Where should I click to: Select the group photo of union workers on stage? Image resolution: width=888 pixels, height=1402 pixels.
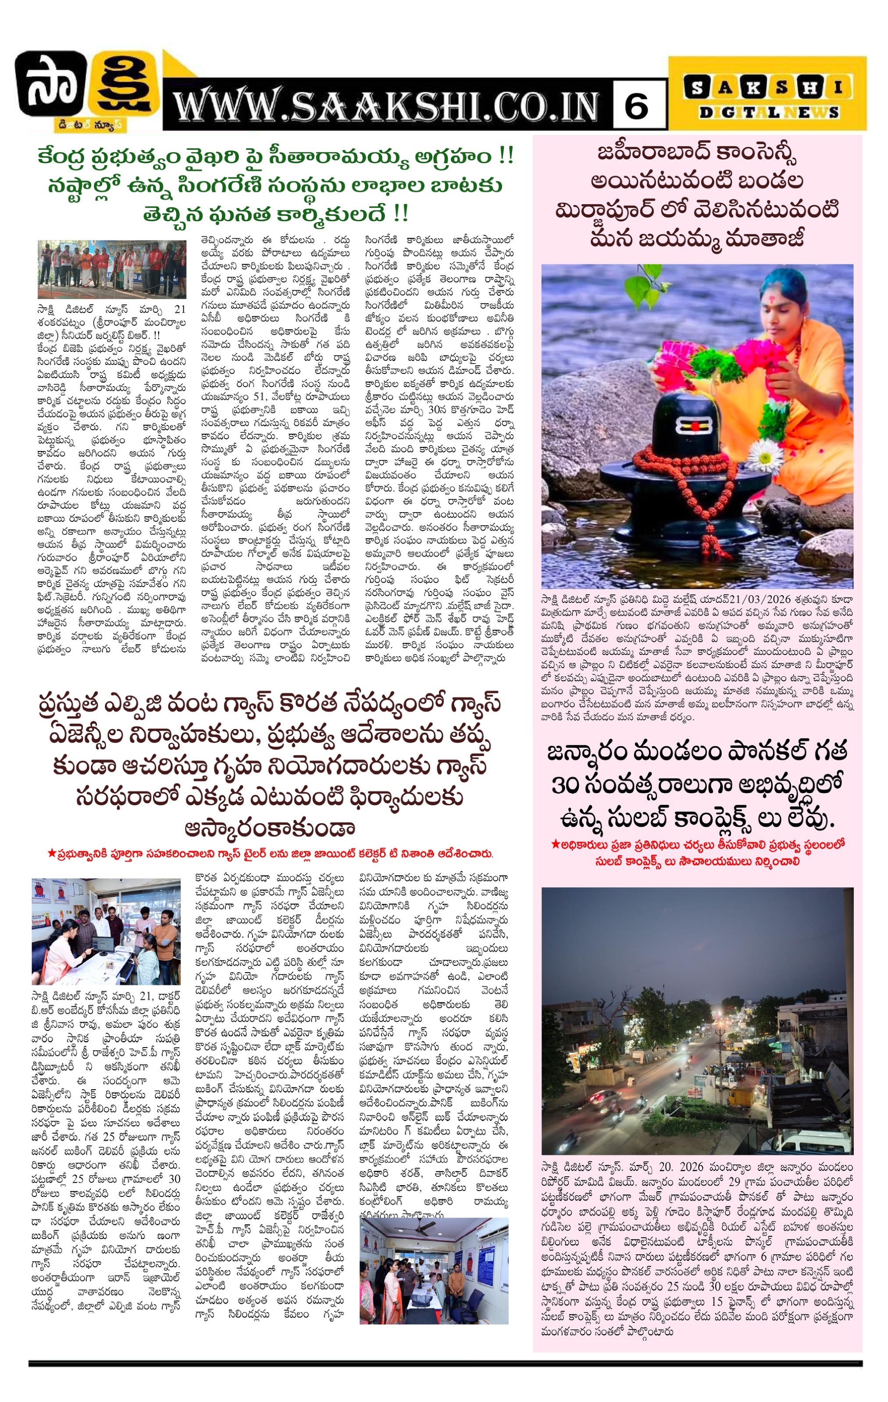(112, 269)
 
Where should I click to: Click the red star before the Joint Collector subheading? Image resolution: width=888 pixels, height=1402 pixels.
(51, 854)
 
